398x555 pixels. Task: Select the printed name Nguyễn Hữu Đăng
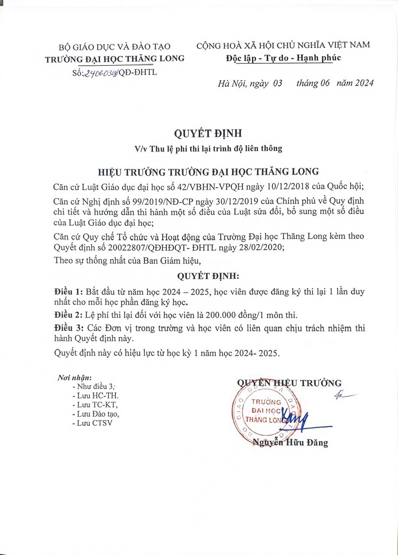point(290,443)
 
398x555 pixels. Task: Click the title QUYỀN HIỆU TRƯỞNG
point(289,383)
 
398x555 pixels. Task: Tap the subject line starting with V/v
point(208,149)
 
